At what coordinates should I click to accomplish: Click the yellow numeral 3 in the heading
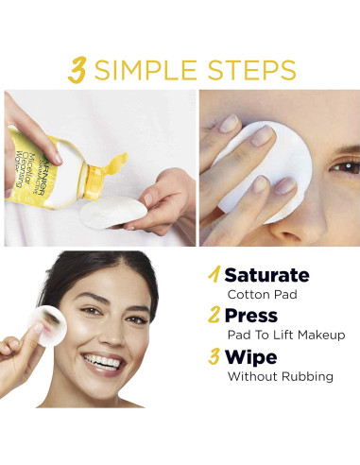(x=77, y=70)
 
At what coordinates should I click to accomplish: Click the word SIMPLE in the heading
(x=146, y=70)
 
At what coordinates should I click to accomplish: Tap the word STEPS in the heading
(x=251, y=70)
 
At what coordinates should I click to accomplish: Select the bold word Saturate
(x=266, y=275)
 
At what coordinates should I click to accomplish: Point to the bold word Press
(x=251, y=316)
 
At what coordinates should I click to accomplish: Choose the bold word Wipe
(x=250, y=357)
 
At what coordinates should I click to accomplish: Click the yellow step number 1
(x=214, y=274)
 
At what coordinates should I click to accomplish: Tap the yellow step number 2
(x=214, y=315)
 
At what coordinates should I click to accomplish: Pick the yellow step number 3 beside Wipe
(x=214, y=356)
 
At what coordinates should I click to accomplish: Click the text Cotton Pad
(x=263, y=295)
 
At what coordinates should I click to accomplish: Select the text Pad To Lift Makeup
(x=286, y=335)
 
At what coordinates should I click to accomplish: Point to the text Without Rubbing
(x=281, y=376)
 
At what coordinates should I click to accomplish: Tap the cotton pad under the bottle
(x=112, y=211)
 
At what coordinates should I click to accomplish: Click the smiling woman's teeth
(x=102, y=361)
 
